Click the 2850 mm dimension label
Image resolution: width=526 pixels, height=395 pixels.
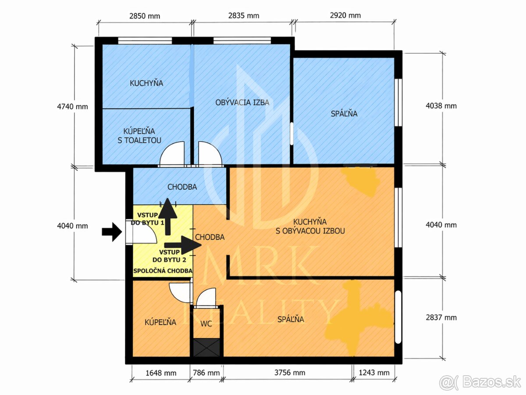(145, 16)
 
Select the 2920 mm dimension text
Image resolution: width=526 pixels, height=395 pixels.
(345, 15)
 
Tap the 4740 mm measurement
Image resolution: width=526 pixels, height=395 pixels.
(72, 107)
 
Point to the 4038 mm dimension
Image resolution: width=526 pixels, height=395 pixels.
(441, 106)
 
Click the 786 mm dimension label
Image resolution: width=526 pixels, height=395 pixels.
(206, 373)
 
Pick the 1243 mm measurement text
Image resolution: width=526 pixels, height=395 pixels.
(374, 373)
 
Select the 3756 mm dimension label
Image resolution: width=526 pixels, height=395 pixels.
(290, 373)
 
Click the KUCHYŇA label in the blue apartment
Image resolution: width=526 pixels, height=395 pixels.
(146, 83)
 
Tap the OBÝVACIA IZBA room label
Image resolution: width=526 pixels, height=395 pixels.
(242, 102)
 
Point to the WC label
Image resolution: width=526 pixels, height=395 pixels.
(206, 324)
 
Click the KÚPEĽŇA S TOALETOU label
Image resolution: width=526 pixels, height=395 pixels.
(139, 136)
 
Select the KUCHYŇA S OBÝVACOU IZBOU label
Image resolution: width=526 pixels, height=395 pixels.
(310, 226)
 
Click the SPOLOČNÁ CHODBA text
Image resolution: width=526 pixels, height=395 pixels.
(163, 271)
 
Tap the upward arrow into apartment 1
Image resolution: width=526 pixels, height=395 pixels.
(168, 216)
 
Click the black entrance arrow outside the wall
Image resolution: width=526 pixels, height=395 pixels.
(112, 232)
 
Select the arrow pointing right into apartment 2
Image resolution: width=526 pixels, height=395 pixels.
(183, 245)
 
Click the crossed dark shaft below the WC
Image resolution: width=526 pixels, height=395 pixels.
(206, 348)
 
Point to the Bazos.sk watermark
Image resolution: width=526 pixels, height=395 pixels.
(480, 382)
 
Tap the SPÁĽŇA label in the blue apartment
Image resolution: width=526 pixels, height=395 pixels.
(344, 113)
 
